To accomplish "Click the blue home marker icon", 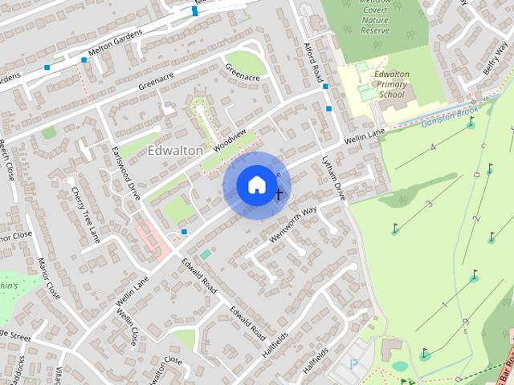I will [x=256, y=185].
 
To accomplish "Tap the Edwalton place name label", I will [x=175, y=150].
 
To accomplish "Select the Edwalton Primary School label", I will [x=391, y=84].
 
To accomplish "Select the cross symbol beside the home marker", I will [x=279, y=193].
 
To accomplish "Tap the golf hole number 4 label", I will [x=432, y=147].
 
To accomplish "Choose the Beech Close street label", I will [x=7, y=160].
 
